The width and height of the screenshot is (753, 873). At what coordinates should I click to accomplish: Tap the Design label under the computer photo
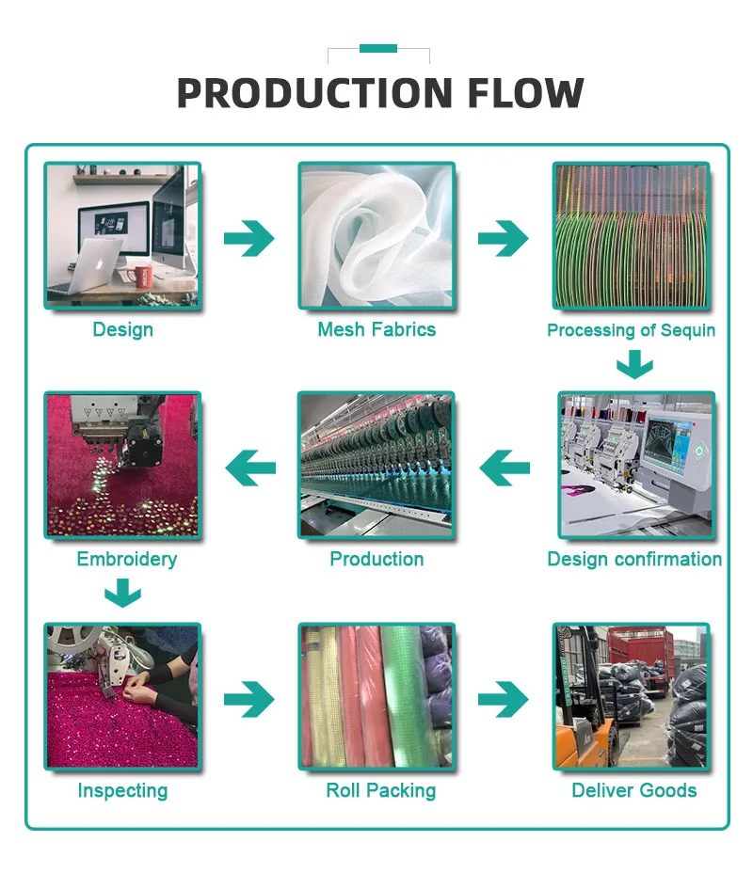pos(122,329)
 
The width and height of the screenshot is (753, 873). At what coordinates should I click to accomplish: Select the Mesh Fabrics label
pos(376,329)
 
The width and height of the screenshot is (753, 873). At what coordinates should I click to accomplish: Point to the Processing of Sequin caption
pos(631,330)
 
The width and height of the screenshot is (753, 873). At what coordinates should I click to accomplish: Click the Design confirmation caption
pos(634,559)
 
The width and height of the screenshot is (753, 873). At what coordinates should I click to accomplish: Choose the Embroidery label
pos(126,559)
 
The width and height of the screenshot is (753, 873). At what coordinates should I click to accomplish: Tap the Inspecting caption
pos(122,790)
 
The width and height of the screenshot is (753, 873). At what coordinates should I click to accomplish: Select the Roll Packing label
pos(380,790)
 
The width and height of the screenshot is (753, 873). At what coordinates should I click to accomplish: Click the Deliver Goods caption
pos(634,790)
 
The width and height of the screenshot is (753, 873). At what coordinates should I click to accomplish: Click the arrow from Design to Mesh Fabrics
pos(248,239)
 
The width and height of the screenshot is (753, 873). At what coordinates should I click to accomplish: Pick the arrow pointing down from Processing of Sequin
pos(634,363)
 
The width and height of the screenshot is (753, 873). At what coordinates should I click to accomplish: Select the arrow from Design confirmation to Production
pos(505,468)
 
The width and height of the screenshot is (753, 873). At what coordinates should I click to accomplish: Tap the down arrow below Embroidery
pos(122,593)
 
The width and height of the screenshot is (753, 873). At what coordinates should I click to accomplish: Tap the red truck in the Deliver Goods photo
pos(640,653)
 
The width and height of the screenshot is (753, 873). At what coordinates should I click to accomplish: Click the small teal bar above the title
pos(377,48)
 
